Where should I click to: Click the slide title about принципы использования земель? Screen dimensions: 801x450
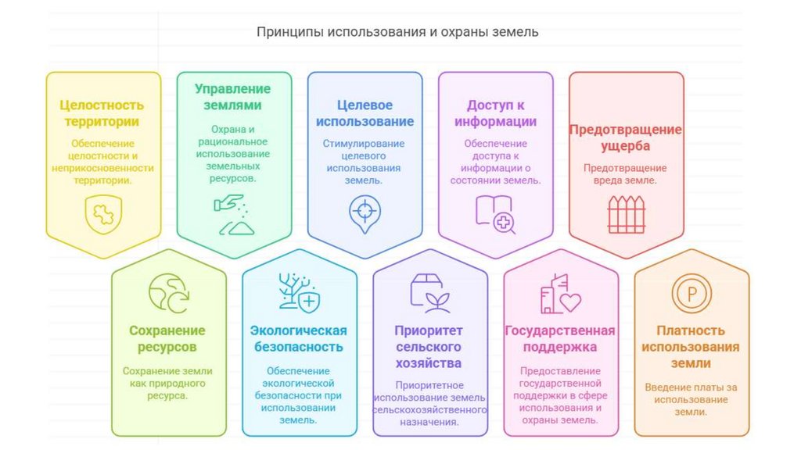tap(397, 33)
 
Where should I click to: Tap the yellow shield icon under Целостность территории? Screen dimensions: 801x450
tap(103, 214)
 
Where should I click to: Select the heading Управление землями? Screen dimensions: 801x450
tap(233, 97)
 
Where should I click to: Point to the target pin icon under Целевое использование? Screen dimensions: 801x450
tap(364, 212)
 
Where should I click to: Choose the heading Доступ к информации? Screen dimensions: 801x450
tap(495, 113)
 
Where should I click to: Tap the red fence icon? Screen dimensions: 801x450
tap(626, 214)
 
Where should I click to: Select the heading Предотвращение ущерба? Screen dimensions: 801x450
tap(626, 137)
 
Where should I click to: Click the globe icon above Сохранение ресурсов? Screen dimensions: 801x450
tap(168, 293)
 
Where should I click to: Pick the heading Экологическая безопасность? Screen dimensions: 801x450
tap(299, 338)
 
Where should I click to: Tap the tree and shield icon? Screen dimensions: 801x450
tap(299, 293)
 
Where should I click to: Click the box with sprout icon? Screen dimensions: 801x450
tap(429, 293)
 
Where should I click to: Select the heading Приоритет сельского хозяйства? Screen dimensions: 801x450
tap(429, 347)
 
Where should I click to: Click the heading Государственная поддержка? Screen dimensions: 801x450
tap(560, 338)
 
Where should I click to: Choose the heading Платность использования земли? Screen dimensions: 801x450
tap(691, 347)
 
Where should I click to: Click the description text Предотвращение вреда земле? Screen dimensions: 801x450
tap(626, 173)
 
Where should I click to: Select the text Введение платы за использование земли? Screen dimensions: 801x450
tap(691, 399)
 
